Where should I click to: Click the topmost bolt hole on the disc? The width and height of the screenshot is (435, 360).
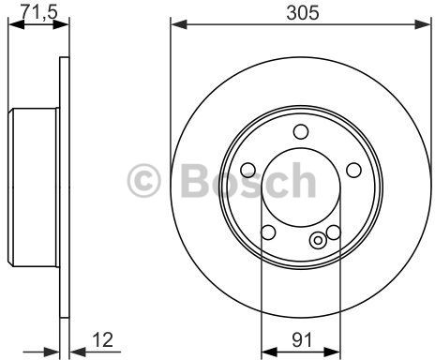pyautogui.click(x=300, y=132)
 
